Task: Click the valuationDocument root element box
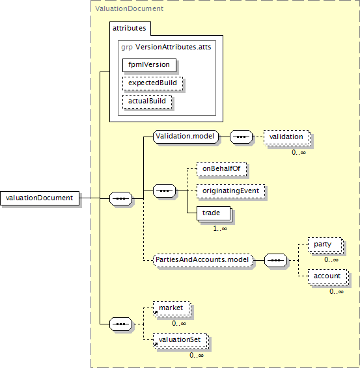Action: (x=40, y=198)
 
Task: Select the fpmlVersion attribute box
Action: (x=149, y=65)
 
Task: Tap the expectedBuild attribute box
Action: (x=152, y=83)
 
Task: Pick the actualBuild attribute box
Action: (x=147, y=101)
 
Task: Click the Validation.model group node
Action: (x=186, y=137)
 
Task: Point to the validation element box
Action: (x=286, y=137)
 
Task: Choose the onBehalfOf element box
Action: (x=221, y=169)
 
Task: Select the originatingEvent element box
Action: (x=230, y=191)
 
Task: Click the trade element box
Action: (x=214, y=213)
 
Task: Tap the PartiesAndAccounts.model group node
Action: (x=203, y=260)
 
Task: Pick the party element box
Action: (x=325, y=244)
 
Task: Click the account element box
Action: (x=327, y=276)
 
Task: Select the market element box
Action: (x=171, y=308)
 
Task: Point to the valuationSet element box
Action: (x=180, y=340)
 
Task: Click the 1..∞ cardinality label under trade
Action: (x=220, y=229)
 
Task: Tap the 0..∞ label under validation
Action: (x=299, y=153)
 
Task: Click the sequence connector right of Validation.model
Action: (x=241, y=137)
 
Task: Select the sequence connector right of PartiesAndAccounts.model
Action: (x=275, y=260)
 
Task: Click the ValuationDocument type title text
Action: (x=130, y=8)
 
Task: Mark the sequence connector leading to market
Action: (x=121, y=324)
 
